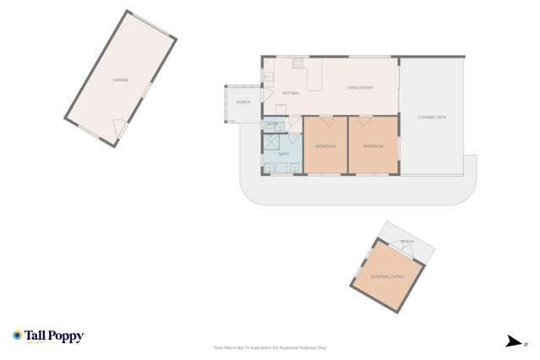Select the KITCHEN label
pos(290,93)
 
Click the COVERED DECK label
pos(432,117)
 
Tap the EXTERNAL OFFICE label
pos(387,276)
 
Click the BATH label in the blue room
pos(284,154)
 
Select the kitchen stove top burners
pos(298,62)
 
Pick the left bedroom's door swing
pos(326,120)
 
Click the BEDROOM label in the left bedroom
pos(325,146)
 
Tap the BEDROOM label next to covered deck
pos(373,146)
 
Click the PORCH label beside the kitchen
pos(243,102)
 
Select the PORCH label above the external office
pos(407,242)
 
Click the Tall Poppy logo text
pos(54,335)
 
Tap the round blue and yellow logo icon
pos(17,335)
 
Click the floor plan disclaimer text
pos(270,347)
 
